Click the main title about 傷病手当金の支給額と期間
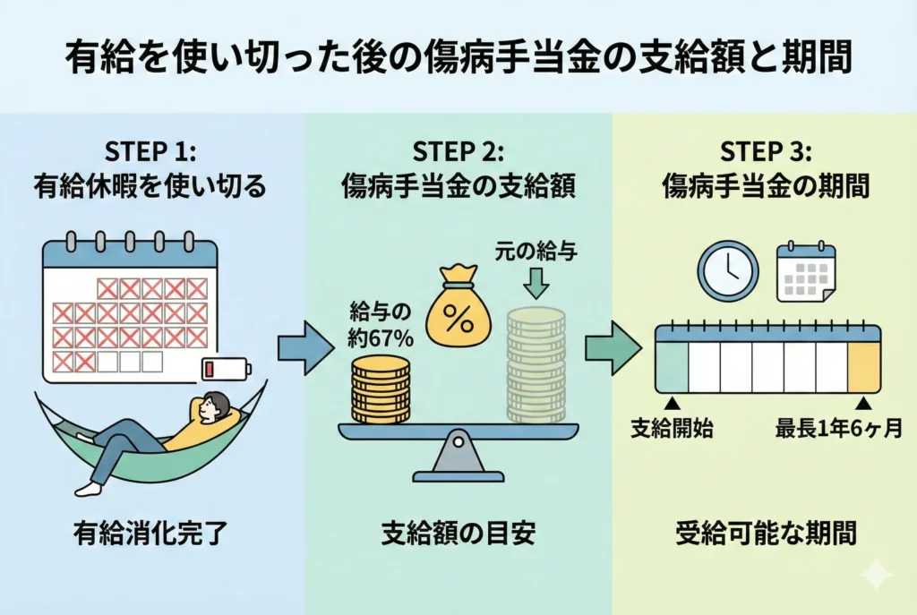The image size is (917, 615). click(x=458, y=60)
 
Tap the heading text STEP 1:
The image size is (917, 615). click(x=149, y=149)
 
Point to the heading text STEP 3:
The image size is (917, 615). click(x=767, y=149)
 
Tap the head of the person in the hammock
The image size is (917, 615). click(x=214, y=407)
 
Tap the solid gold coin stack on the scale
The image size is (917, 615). click(x=381, y=390)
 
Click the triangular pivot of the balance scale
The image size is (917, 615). click(x=458, y=457)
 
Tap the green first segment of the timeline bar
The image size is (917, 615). click(x=673, y=366)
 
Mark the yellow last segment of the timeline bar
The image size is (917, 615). click(x=864, y=366)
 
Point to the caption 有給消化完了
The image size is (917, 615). click(x=149, y=534)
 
